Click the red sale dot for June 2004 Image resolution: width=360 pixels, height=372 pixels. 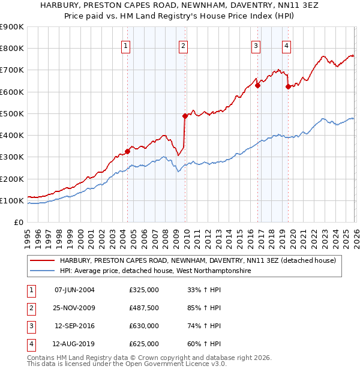(127, 151)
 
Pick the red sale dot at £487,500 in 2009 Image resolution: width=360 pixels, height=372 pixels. (185, 116)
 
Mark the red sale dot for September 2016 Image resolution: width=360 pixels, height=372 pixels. (257, 85)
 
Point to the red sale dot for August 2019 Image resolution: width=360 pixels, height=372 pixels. (288, 86)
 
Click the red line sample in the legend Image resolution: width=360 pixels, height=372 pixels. (43, 260)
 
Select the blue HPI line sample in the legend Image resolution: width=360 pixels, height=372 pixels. (43, 271)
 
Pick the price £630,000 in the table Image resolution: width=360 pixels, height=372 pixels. (144, 326)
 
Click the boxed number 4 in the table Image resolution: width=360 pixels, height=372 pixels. (30, 344)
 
